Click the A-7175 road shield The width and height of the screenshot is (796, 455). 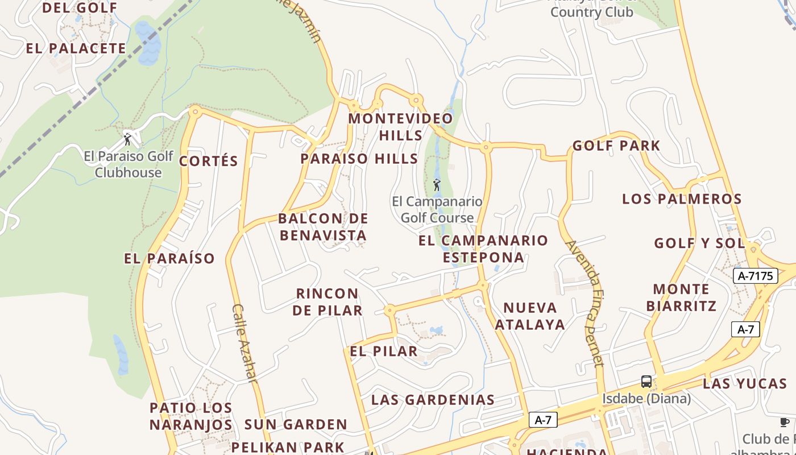click(x=755, y=276)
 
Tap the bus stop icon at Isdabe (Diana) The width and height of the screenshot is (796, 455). click(x=646, y=381)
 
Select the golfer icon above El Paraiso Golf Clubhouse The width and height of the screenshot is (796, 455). click(x=127, y=139)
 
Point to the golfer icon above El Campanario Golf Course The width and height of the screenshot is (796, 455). click(x=437, y=185)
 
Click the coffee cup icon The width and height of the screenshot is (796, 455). click(x=785, y=422)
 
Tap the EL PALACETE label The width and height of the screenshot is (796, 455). click(x=76, y=48)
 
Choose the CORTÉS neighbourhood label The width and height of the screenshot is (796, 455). click(x=209, y=161)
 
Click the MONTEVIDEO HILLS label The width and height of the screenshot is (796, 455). click(x=400, y=127)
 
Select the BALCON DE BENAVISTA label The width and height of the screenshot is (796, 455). click(x=323, y=227)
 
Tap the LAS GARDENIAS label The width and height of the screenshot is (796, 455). click(x=433, y=400)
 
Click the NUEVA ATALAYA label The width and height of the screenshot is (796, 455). click(x=530, y=316)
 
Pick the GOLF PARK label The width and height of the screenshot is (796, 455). click(x=616, y=146)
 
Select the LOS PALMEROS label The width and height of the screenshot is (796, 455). click(x=682, y=199)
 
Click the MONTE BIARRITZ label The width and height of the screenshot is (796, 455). click(x=681, y=297)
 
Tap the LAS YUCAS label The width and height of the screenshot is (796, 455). click(x=745, y=383)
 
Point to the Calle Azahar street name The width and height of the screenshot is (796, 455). click(x=245, y=342)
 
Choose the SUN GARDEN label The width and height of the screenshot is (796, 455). click(x=296, y=424)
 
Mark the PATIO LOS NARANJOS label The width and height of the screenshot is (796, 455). click(x=191, y=416)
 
